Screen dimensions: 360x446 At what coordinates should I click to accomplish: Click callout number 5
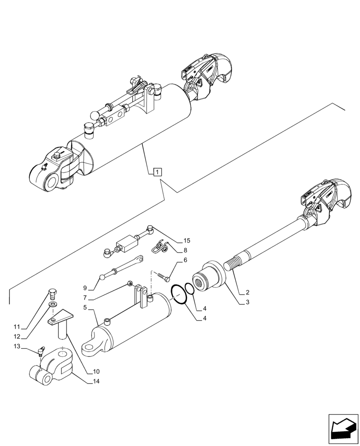click(x=85, y=307)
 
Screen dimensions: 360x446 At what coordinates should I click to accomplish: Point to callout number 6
click(x=185, y=260)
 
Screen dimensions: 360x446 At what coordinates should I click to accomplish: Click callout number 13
click(x=16, y=347)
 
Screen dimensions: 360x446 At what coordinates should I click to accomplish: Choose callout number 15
click(x=185, y=241)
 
